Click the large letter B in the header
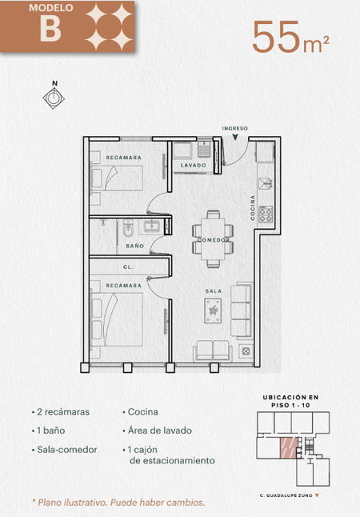(x=50, y=28)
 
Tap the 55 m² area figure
(x=290, y=37)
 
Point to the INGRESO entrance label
(x=234, y=128)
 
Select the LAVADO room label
(x=193, y=165)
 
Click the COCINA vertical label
(x=253, y=208)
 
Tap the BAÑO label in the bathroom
(x=135, y=246)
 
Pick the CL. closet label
(x=128, y=267)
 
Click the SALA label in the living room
(x=214, y=291)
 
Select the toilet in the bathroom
(x=127, y=229)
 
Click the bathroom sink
(x=151, y=226)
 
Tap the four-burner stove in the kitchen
(x=266, y=214)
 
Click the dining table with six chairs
(x=213, y=238)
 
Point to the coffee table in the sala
(x=213, y=311)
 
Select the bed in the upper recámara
(x=117, y=178)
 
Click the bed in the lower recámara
(x=117, y=319)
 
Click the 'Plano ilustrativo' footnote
(x=118, y=503)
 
